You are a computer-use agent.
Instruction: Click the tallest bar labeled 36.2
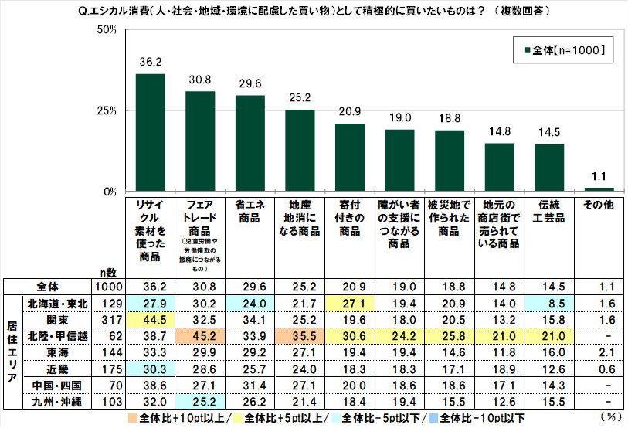tap(150, 132)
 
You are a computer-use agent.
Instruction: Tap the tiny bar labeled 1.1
tap(599, 189)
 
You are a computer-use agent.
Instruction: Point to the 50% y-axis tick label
tap(104, 30)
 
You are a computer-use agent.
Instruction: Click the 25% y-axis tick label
tap(104, 110)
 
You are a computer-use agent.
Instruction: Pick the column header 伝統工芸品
tap(548, 212)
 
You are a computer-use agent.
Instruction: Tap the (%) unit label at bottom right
tap(609, 417)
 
